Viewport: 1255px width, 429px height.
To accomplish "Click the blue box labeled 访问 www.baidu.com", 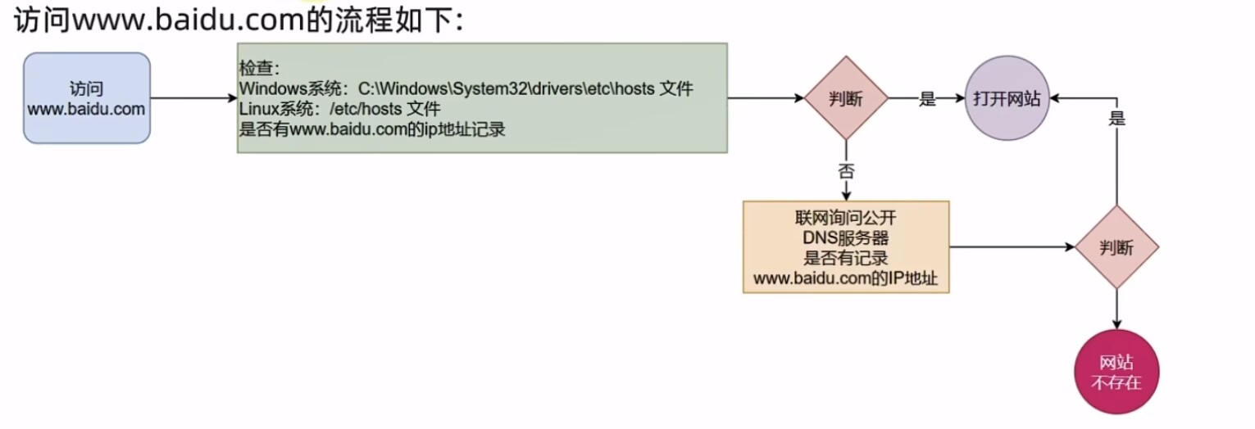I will point(87,98).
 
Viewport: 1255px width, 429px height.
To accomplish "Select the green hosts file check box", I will point(482,97).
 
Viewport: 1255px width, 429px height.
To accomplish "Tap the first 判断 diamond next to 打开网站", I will point(844,98).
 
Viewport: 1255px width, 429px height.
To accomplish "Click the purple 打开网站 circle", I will point(1007,98).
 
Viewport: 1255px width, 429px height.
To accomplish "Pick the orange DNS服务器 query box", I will point(845,247).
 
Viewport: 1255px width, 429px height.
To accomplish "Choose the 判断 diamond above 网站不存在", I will point(1116,247).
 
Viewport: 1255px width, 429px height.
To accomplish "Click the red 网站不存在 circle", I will point(1116,373).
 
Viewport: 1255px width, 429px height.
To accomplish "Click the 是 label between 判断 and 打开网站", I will point(927,99).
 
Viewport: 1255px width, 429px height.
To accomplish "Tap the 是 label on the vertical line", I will point(1116,118).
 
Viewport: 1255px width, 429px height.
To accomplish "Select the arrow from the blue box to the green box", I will point(193,98).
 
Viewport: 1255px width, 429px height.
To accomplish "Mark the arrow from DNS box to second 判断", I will point(1012,247).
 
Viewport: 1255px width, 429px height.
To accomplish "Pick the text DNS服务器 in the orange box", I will point(845,238).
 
